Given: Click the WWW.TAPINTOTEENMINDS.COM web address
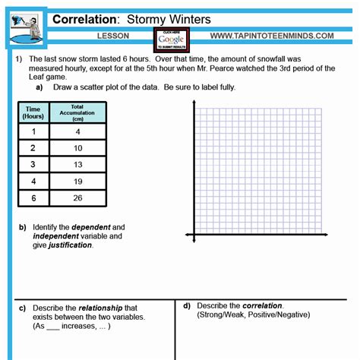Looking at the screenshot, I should [271, 36].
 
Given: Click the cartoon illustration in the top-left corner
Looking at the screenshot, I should [25, 28].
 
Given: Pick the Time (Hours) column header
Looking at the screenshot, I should [33, 112].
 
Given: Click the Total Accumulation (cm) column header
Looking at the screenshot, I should [77, 112].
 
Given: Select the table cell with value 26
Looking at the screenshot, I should [77, 197].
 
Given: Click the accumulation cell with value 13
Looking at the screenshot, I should [77, 164].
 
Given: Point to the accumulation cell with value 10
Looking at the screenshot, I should [77, 148].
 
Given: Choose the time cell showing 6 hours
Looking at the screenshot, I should [33, 197].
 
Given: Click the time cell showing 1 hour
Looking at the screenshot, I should [33, 131].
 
